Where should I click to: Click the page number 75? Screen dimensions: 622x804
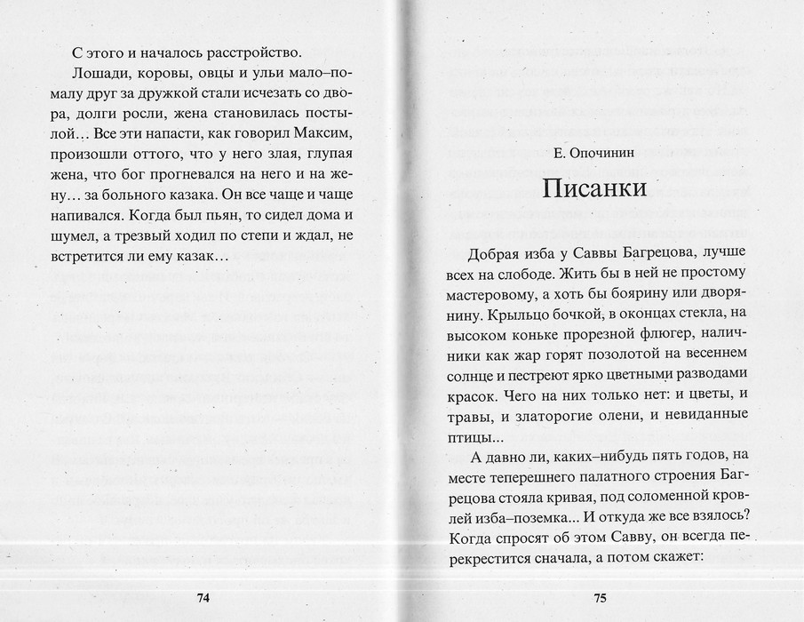click(600, 598)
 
